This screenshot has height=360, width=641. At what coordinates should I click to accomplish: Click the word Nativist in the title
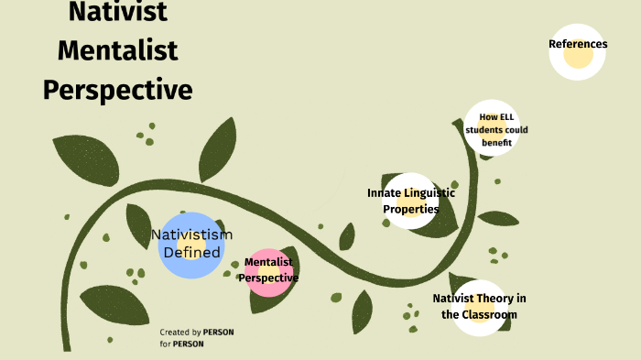coord(117,13)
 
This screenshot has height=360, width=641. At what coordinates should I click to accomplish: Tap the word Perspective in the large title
coord(117,89)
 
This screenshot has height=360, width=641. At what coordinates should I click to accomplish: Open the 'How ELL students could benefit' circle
coord(496,129)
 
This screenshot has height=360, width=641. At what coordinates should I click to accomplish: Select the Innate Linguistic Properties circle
coord(410,201)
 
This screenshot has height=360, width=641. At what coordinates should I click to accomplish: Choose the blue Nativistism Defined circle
coord(190,245)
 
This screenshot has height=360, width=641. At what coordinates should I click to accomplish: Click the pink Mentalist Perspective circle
coord(269,272)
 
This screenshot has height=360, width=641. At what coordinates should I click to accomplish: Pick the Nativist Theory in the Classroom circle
coord(479,307)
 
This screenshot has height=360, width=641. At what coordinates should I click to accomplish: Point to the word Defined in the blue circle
coord(191,252)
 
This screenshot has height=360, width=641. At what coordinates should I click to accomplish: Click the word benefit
coord(496,143)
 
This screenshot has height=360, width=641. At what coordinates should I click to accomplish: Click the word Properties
coord(410,209)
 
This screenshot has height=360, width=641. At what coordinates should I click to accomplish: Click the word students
coord(483,129)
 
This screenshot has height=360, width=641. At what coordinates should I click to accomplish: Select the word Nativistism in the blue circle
coord(191,235)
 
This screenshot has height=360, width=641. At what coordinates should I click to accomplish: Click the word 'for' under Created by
coord(165,344)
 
